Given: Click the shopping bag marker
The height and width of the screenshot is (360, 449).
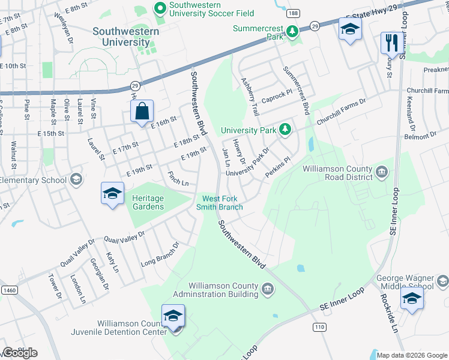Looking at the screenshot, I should point(141,112).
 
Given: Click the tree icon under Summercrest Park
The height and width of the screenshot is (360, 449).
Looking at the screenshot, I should point(292,31).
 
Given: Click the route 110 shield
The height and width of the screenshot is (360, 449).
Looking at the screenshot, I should point(318,326).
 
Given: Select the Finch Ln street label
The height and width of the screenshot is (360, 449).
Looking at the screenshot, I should point(178,179).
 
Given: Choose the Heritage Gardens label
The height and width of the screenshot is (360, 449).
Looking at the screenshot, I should point(147,202).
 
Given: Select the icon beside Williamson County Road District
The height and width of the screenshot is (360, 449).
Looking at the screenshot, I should point(382,173).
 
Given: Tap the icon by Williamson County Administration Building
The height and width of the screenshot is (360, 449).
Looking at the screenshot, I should point(268,290).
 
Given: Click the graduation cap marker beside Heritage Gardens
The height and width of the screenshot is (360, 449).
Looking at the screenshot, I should point(112,193).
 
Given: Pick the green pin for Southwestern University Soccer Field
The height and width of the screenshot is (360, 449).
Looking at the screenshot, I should point(160,8).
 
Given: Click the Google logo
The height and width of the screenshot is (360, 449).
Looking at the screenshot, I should point(19,353).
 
